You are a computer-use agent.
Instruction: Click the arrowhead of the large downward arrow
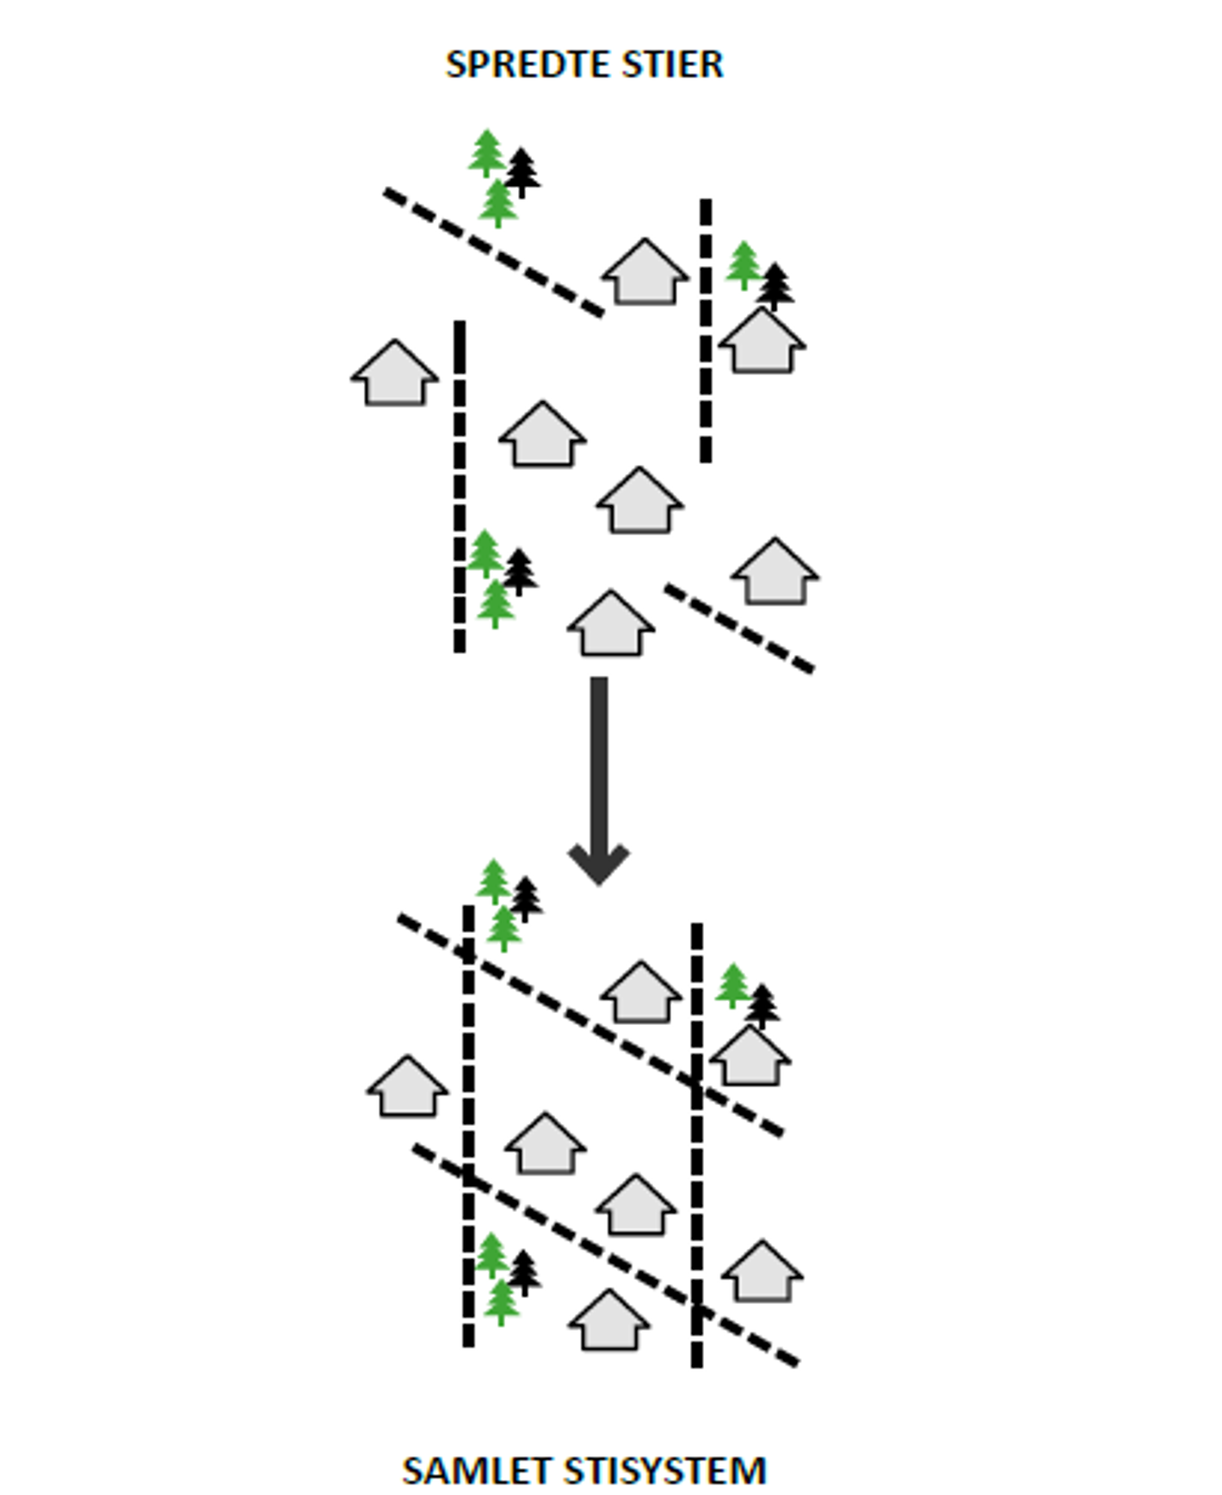599,863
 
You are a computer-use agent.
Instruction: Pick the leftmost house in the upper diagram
395,374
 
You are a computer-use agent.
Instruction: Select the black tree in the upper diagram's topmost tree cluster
522,172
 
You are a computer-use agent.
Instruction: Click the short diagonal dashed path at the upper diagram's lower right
739,628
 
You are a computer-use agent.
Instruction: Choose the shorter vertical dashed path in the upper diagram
706,331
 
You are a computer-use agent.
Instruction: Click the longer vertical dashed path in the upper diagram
460,486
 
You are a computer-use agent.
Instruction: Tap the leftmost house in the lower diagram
408,1088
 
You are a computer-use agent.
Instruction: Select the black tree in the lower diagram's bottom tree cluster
523,1272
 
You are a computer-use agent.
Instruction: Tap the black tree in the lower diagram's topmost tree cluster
526,899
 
